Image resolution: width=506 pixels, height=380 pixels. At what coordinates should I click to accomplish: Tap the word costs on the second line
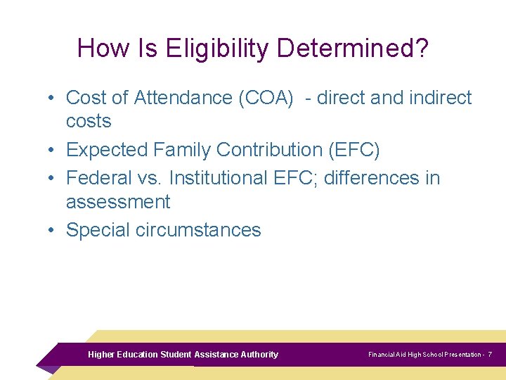point(89,121)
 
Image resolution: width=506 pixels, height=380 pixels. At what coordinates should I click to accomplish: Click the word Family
point(179,150)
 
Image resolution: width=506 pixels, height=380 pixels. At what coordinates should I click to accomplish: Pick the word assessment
point(118,202)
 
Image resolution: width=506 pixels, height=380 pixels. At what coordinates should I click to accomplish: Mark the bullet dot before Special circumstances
point(53,230)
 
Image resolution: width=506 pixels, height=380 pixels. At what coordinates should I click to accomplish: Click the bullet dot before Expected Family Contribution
point(53,150)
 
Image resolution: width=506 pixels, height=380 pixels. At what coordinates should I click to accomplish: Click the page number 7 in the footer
point(490,355)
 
